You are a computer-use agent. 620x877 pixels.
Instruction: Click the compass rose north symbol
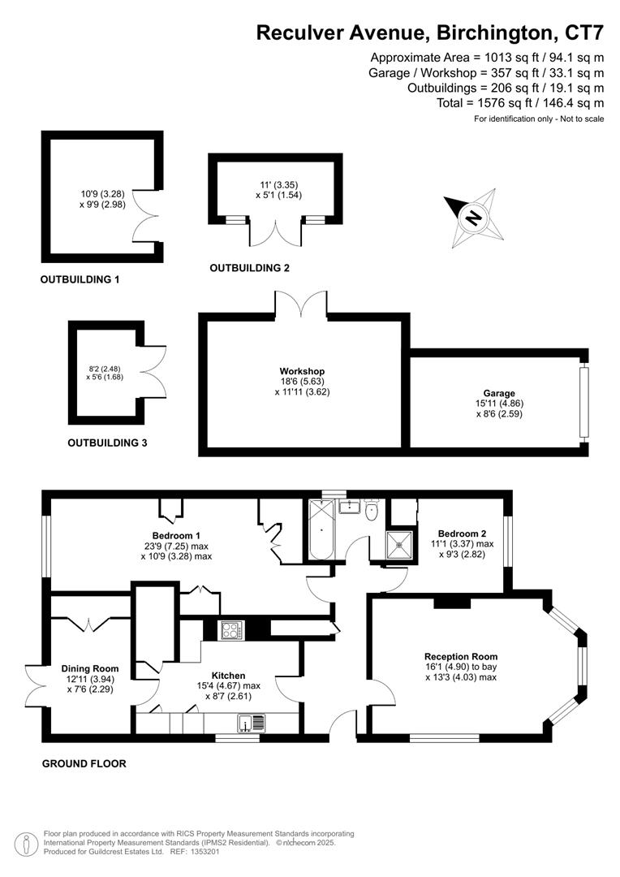(x=471, y=217)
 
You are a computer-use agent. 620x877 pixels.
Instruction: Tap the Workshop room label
(x=302, y=372)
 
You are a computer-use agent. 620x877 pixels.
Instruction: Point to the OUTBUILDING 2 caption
(x=249, y=268)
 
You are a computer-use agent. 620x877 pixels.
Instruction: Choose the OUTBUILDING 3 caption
(x=107, y=443)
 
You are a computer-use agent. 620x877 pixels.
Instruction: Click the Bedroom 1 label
(x=178, y=536)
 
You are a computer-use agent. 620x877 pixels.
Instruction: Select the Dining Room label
(x=95, y=669)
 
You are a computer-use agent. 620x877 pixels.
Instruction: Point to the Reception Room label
(x=461, y=657)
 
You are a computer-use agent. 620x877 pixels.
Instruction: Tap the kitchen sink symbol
(x=251, y=723)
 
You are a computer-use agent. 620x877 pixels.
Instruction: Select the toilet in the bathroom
(x=371, y=510)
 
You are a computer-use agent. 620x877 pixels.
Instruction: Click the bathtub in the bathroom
(x=319, y=530)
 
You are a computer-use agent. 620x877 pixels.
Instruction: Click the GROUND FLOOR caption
(x=84, y=763)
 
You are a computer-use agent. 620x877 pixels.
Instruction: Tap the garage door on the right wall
(x=582, y=404)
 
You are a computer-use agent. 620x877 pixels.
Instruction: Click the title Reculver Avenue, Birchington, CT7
(x=430, y=33)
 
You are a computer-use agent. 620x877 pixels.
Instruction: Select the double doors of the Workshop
(x=301, y=305)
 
